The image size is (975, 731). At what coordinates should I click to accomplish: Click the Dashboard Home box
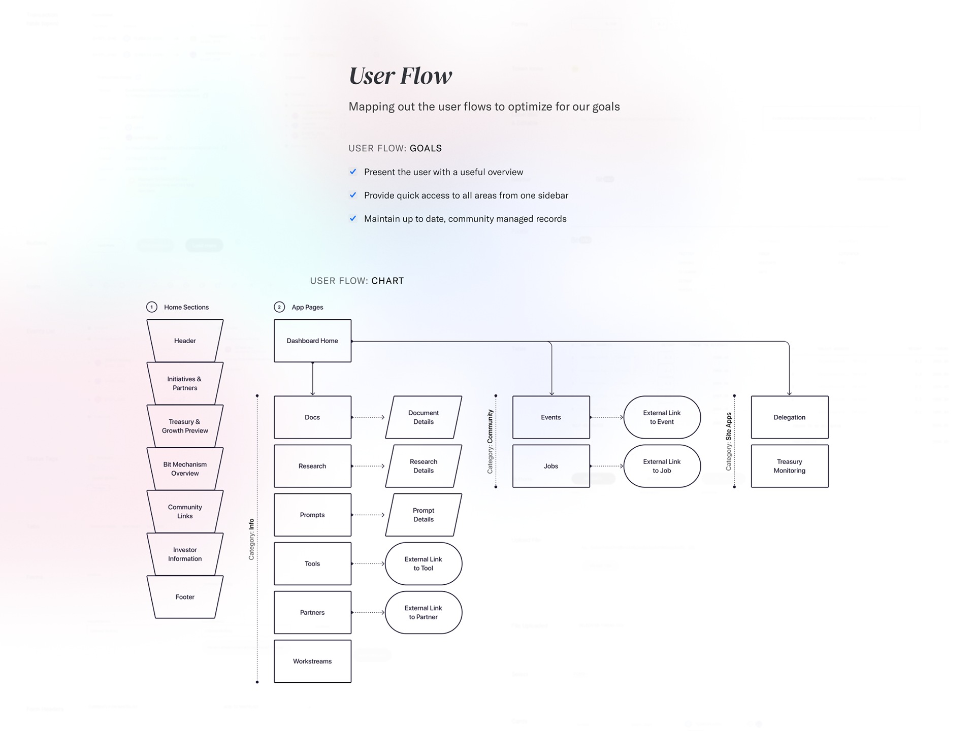click(x=312, y=341)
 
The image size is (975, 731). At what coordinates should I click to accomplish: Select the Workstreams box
click(x=312, y=661)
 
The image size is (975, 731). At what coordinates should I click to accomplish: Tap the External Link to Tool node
click(x=424, y=563)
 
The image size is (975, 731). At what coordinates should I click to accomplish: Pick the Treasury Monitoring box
click(x=789, y=466)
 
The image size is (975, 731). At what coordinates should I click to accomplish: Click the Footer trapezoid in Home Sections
click(x=185, y=597)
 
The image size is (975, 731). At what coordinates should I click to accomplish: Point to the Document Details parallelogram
click(x=424, y=417)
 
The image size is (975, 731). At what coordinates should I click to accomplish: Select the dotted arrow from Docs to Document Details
click(x=368, y=417)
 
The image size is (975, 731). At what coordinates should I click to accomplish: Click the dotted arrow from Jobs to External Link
click(x=607, y=466)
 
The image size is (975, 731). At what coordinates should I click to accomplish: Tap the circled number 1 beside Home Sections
click(x=151, y=307)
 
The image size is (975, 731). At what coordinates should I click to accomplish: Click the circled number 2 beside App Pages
click(x=279, y=307)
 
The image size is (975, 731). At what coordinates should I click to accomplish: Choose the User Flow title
click(x=400, y=76)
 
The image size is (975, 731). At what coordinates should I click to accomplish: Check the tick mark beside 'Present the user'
click(x=353, y=172)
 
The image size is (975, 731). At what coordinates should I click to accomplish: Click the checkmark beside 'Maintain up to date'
click(x=353, y=218)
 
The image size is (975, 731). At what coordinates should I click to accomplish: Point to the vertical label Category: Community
click(x=490, y=442)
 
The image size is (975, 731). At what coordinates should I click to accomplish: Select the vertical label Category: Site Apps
click(x=729, y=441)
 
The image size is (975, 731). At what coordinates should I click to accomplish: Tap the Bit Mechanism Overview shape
click(x=185, y=469)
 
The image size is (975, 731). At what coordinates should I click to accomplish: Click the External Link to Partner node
click(x=424, y=612)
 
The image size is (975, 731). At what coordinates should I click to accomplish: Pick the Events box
click(x=551, y=417)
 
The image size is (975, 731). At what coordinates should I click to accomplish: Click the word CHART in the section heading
click(x=387, y=281)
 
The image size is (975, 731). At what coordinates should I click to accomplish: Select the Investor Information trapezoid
click(x=185, y=554)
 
